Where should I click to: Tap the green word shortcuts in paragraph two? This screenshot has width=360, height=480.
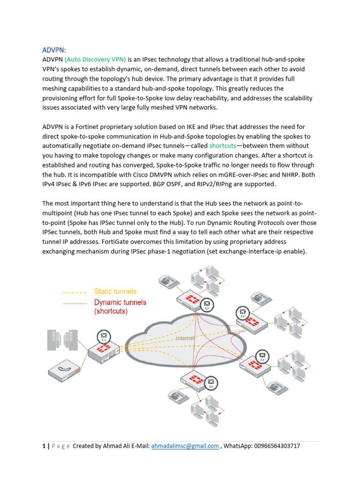pyautogui.click(x=223, y=146)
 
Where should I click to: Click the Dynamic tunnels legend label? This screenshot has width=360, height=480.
pyautogui.click(x=120, y=302)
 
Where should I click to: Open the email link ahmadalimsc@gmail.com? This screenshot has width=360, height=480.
pyautogui.click(x=185, y=446)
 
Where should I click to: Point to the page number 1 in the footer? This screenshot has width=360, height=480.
pyautogui.click(x=44, y=446)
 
